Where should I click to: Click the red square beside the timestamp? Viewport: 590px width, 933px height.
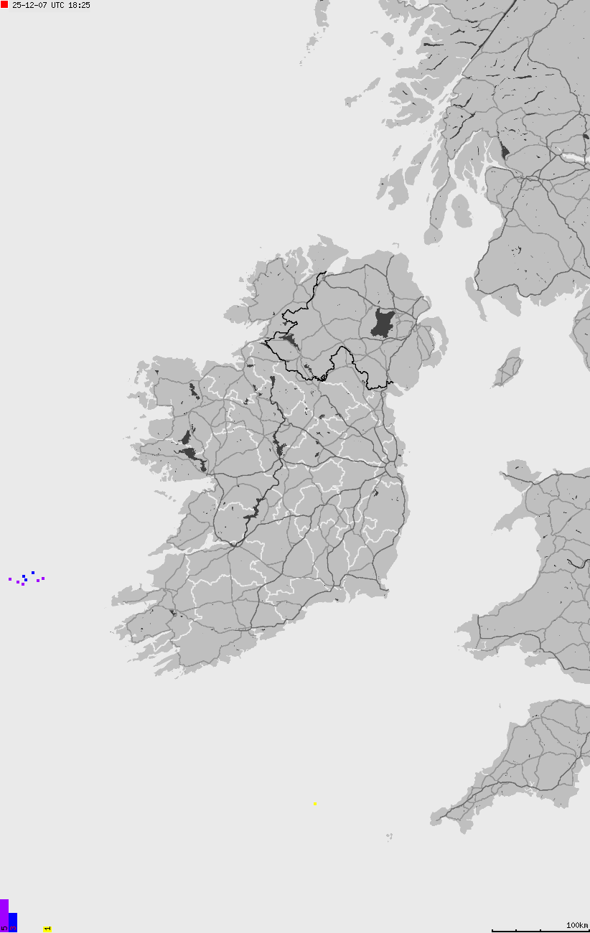[4, 4]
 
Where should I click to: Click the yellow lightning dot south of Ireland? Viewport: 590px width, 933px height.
[315, 803]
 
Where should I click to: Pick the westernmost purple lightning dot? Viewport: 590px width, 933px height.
[10, 578]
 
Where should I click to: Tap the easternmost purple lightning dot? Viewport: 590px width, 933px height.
[43, 578]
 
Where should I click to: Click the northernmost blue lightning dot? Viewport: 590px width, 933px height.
[33, 573]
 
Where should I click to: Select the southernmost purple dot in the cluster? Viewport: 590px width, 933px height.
[23, 584]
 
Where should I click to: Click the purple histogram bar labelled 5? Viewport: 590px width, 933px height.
[4, 914]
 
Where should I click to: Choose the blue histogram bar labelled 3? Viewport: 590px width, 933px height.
[13, 922]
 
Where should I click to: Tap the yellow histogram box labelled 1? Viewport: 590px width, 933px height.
[47, 929]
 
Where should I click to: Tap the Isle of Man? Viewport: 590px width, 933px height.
[509, 367]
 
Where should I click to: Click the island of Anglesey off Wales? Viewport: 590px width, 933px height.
[523, 474]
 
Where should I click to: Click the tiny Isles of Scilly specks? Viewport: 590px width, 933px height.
[389, 836]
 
